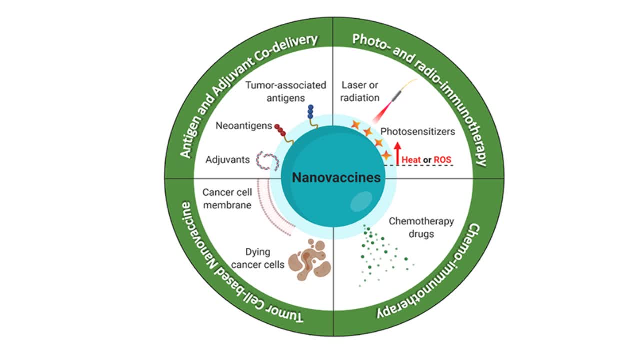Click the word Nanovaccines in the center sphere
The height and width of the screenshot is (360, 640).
click(336, 178)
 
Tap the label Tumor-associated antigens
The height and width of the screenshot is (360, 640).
click(286, 90)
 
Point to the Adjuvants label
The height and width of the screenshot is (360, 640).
click(227, 160)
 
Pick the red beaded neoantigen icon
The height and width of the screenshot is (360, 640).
click(280, 130)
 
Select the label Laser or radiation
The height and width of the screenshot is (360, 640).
click(360, 91)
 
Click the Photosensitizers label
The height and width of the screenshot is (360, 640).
click(418, 132)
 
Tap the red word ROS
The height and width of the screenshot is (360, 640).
click(442, 160)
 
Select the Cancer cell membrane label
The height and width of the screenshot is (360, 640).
click(226, 198)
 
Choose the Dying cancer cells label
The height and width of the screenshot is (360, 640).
click(265, 258)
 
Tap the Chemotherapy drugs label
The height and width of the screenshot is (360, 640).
click(421, 227)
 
